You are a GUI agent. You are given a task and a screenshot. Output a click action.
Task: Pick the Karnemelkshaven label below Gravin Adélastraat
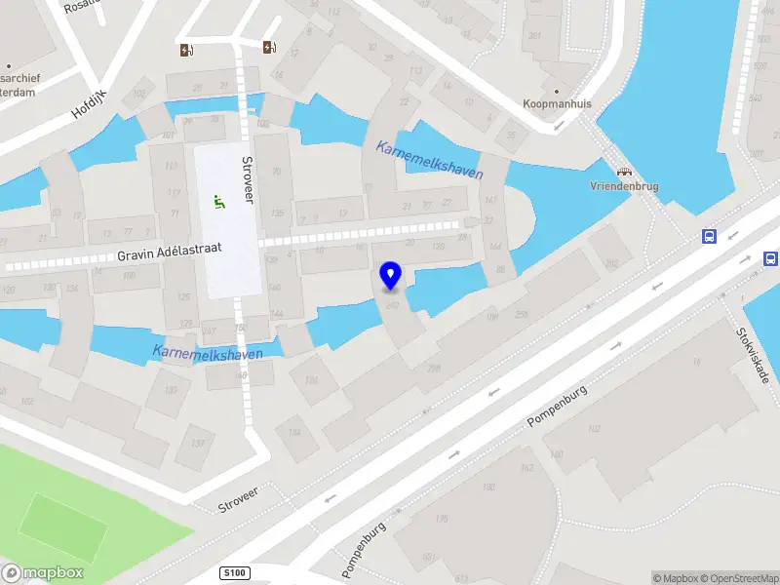point(208,351)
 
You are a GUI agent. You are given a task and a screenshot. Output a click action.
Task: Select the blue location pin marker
point(391,276)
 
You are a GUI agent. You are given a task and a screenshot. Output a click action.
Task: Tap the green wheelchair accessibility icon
point(219,202)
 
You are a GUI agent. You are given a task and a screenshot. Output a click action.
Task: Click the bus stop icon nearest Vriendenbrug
point(710,236)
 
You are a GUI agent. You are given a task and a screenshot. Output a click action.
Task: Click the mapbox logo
point(42,573)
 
